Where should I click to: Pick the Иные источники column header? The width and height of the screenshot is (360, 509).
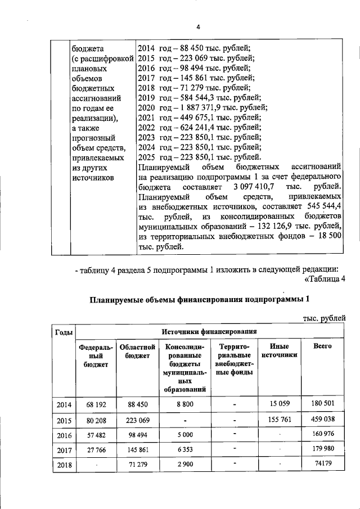tap(279, 351)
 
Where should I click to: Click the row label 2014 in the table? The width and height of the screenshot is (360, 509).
tap(64, 404)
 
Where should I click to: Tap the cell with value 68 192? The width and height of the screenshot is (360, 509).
tap(96, 404)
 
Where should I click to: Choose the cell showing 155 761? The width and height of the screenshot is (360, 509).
tap(279, 419)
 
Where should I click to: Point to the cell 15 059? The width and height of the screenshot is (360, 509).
tap(279, 403)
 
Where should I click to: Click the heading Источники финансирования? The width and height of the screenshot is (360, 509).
tap(209, 332)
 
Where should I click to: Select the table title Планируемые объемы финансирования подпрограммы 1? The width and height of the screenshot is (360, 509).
tap(200, 299)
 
